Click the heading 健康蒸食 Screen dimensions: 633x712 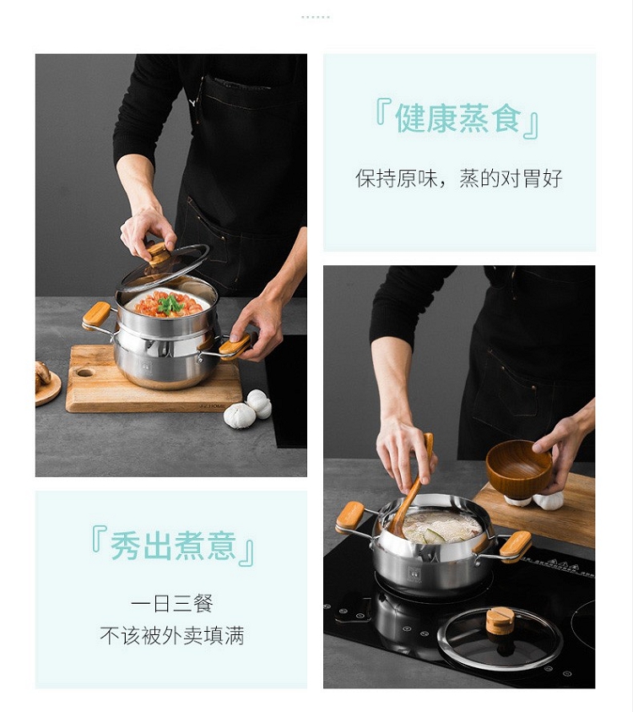(x=457, y=119)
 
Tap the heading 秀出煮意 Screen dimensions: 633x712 (x=173, y=546)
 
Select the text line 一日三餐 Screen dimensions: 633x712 (x=172, y=604)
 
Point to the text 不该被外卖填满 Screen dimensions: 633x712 (x=172, y=636)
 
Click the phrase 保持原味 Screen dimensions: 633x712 (x=396, y=178)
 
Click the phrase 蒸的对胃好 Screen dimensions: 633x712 (x=511, y=178)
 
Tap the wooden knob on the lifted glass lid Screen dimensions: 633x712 (x=158, y=254)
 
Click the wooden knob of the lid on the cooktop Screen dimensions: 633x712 (x=500, y=621)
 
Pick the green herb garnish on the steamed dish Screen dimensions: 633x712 (x=170, y=305)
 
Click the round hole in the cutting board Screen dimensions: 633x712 (x=85, y=373)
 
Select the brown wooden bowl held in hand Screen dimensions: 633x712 (x=520, y=467)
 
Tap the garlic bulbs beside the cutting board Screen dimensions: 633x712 (x=248, y=409)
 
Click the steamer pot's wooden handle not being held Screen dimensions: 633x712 (x=96, y=314)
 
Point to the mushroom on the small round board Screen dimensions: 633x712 (x=42, y=375)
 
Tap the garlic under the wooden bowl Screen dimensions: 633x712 (x=535, y=500)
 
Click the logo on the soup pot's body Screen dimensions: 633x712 (x=414, y=573)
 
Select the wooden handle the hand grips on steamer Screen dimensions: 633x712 (x=235, y=345)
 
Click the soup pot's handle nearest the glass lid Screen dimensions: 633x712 (x=516, y=546)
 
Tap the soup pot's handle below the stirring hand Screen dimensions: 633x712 (x=350, y=517)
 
